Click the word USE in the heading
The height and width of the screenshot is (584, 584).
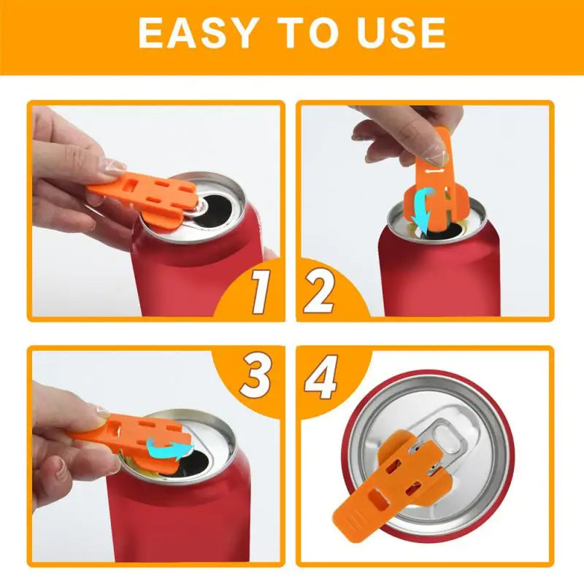(x=401, y=33)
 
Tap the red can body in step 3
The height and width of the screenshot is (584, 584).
(x=175, y=518)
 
